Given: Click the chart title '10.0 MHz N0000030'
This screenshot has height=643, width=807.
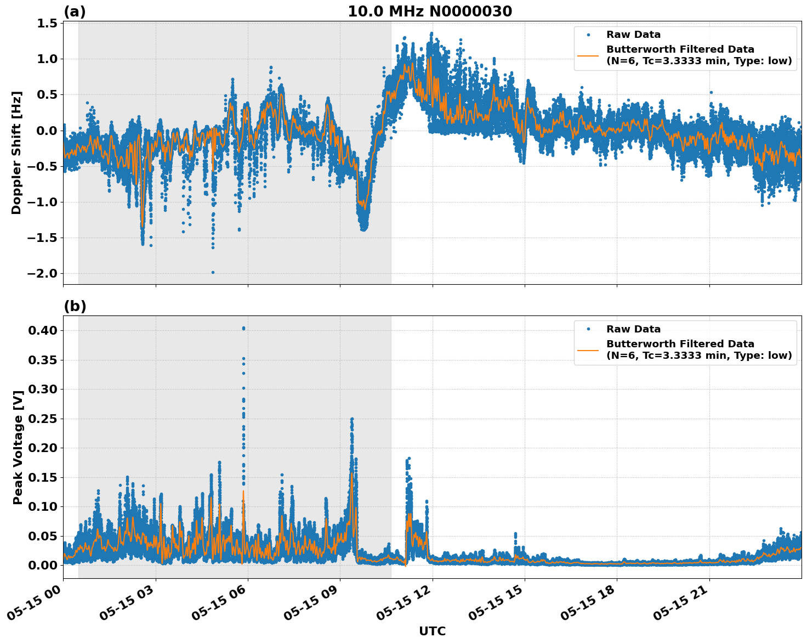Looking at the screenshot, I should [430, 12].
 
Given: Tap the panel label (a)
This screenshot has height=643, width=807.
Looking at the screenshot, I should [75, 12].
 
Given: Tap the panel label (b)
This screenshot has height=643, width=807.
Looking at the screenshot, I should [75, 306].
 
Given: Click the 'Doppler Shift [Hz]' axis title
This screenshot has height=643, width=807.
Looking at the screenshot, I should [16, 153].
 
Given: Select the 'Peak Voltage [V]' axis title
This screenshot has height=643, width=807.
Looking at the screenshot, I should [18, 447].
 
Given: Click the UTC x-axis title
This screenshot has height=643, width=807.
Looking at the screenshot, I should [432, 631].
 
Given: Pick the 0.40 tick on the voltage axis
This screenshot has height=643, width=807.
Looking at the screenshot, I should [43, 330].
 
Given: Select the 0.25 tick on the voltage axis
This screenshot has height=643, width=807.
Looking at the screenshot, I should [43, 419].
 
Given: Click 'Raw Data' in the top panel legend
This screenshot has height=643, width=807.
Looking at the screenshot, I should [633, 35].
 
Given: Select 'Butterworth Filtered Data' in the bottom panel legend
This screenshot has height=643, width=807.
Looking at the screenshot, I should [680, 344].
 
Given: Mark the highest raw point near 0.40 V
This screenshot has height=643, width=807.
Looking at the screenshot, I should [243, 328].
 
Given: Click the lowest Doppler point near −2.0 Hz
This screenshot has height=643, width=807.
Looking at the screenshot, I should [213, 272].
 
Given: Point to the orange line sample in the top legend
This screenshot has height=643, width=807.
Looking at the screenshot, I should [588, 55].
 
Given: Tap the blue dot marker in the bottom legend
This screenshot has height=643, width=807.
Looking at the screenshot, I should [588, 329].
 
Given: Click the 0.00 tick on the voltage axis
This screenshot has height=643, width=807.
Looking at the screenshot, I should [43, 565].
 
